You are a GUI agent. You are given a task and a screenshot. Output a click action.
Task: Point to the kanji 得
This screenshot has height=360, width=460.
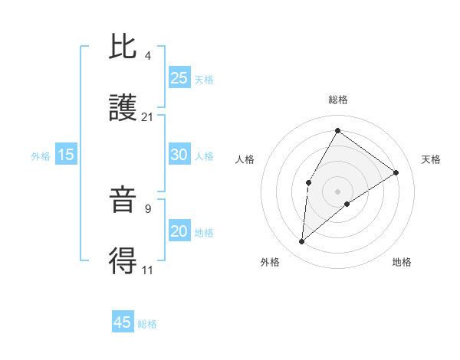tap(123, 261)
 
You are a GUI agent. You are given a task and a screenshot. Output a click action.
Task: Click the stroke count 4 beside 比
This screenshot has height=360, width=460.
tap(148, 55)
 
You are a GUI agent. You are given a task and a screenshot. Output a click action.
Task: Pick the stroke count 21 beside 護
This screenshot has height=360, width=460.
tap(148, 116)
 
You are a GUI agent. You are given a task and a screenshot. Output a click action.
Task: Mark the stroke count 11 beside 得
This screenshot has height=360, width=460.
tap(148, 270)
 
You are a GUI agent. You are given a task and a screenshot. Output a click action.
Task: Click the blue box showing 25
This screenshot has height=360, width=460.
tap(179, 77)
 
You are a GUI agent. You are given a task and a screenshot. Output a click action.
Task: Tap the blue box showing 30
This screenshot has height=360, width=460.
tap(179, 154)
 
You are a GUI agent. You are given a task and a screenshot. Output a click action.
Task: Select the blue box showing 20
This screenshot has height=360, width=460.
tap(179, 231)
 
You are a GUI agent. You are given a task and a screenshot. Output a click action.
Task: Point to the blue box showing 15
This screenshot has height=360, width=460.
tap(66, 155)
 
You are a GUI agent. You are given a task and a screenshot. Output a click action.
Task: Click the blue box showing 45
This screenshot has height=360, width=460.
tap(123, 322)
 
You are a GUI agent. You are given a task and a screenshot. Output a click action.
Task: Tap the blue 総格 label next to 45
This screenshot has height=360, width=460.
tap(148, 324)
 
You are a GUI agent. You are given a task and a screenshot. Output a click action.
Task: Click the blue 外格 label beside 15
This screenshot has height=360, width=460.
tap(41, 156)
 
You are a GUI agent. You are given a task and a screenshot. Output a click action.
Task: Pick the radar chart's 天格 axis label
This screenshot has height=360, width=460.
tap(432, 159)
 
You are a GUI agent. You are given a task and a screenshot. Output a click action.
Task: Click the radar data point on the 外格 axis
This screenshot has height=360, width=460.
tap(302, 242)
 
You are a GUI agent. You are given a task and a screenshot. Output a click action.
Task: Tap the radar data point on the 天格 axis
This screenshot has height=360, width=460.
tap(396, 172)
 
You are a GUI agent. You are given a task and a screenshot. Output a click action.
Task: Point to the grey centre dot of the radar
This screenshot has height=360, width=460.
tap(337, 191)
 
